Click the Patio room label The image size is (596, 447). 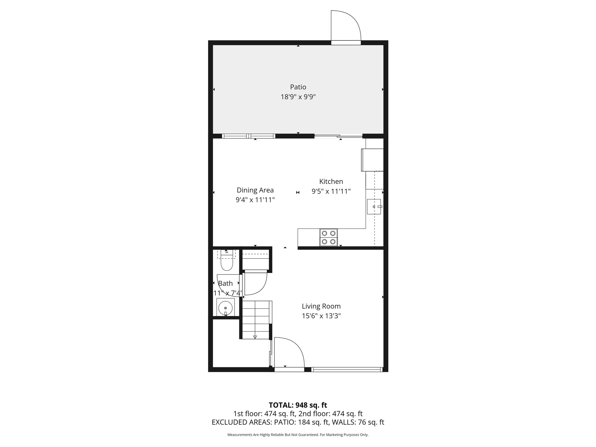[298, 87]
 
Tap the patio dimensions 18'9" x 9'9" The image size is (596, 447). [298, 97]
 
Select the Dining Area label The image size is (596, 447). [255, 190]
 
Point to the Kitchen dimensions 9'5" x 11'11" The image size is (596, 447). [331, 191]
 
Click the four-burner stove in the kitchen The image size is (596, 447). [329, 237]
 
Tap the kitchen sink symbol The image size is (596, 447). [374, 207]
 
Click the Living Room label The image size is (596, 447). [321, 306]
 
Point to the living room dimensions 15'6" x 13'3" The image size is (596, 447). [321, 316]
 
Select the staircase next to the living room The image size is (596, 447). [256, 320]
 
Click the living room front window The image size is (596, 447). [346, 370]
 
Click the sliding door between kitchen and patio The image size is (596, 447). [338, 136]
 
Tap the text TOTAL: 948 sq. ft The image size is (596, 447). [298, 405]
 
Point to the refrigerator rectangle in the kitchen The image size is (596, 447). [372, 160]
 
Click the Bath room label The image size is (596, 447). [225, 283]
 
